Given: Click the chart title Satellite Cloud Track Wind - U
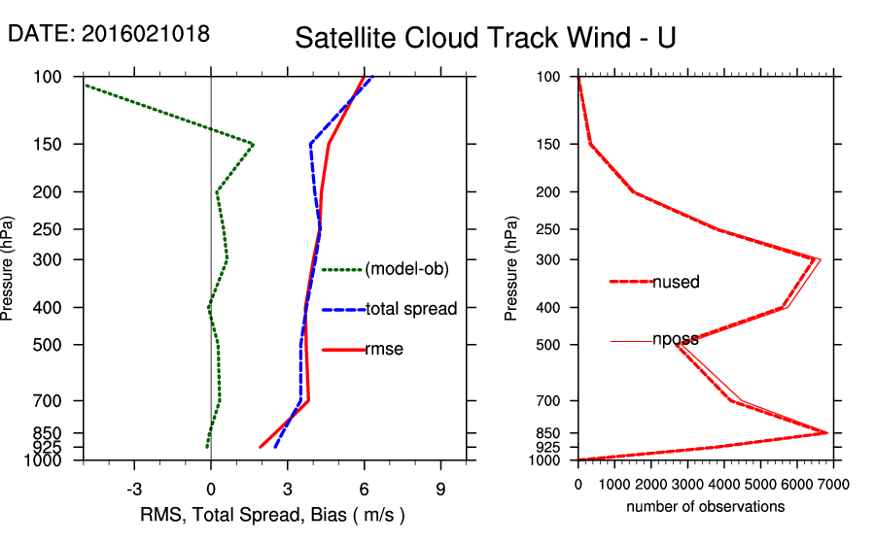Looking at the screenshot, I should (485, 38).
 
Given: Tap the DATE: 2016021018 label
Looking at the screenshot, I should (108, 33).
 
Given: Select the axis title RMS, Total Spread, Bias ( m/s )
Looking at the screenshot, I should (273, 514).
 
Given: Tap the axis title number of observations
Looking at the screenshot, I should (706, 507).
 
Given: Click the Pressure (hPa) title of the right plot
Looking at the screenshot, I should (512, 268).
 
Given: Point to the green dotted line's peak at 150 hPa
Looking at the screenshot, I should (253, 145).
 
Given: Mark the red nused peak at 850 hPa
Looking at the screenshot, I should (827, 432).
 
